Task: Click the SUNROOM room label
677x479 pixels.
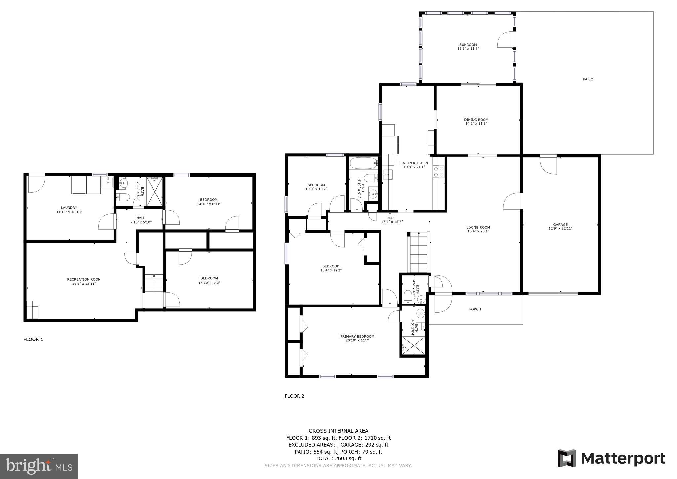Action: pos(468,45)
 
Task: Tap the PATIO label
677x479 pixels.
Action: pos(588,79)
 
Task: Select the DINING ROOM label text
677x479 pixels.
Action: pos(476,120)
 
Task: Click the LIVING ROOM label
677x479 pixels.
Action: pos(478,227)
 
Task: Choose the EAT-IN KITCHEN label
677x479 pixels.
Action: pos(414,163)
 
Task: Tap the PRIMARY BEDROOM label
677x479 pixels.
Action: pos(357,337)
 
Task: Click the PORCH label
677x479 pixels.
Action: pos(475,309)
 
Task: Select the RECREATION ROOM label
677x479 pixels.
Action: pos(84,279)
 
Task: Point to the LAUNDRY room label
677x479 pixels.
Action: pos(69,208)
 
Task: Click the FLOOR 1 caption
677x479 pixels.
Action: pos(33,339)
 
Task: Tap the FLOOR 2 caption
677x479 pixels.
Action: pos(295,396)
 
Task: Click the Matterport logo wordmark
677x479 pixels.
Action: pos(623,458)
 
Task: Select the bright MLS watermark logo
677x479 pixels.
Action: pos(39,466)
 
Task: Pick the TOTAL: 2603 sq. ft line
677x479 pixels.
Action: pos(338,458)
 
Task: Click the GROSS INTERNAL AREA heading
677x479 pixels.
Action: pos(338,431)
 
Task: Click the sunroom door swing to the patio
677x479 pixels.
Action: pos(505,39)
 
